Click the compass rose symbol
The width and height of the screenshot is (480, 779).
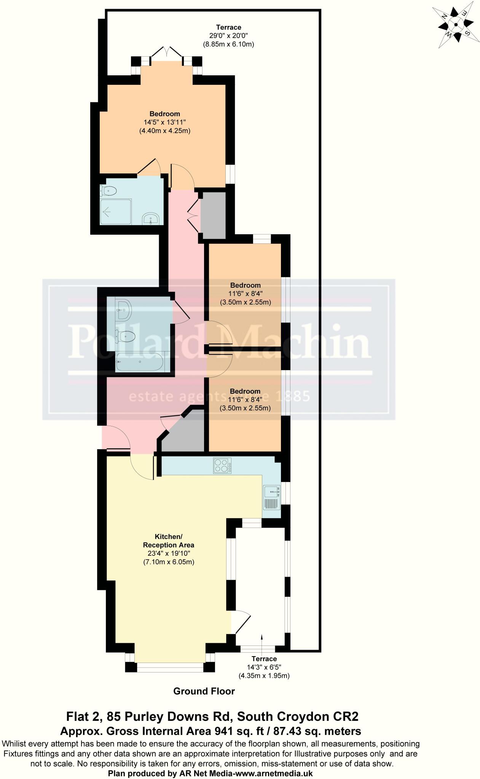click(456, 25)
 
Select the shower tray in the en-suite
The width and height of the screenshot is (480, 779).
click(116, 211)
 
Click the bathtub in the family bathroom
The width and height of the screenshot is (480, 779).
click(139, 362)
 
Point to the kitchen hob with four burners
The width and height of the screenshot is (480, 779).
click(222, 466)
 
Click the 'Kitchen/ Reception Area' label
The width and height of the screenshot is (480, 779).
click(168, 541)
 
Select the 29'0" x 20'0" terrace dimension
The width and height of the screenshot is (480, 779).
click(228, 36)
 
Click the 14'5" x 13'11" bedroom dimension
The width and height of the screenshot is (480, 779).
click(165, 122)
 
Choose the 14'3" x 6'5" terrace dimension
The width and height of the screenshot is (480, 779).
click(264, 667)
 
